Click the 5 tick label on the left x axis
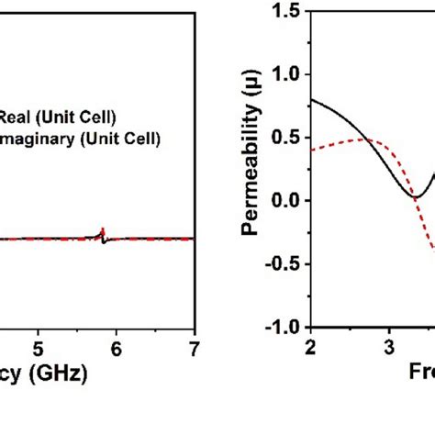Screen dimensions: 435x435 coord(38,348)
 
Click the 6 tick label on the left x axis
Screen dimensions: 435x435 coord(117,348)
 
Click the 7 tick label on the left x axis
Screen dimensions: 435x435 coord(194,348)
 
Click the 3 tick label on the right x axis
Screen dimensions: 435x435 coord(388,347)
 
